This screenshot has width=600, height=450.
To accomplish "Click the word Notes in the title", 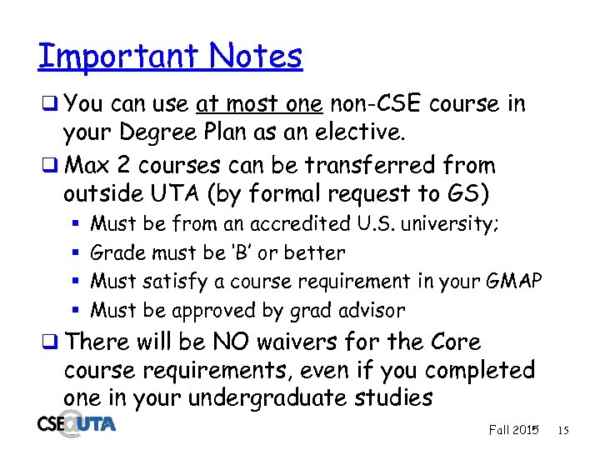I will click(x=256, y=56).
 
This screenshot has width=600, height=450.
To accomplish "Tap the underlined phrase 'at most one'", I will click(x=260, y=105).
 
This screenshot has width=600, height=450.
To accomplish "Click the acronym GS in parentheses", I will click(x=468, y=194).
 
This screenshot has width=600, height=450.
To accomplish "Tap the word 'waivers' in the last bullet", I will click(x=309, y=342).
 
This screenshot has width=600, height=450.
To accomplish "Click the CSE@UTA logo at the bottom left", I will click(x=77, y=425).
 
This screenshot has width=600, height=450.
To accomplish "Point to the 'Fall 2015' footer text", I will click(x=513, y=430).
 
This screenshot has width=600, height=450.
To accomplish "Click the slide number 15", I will click(x=562, y=430).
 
